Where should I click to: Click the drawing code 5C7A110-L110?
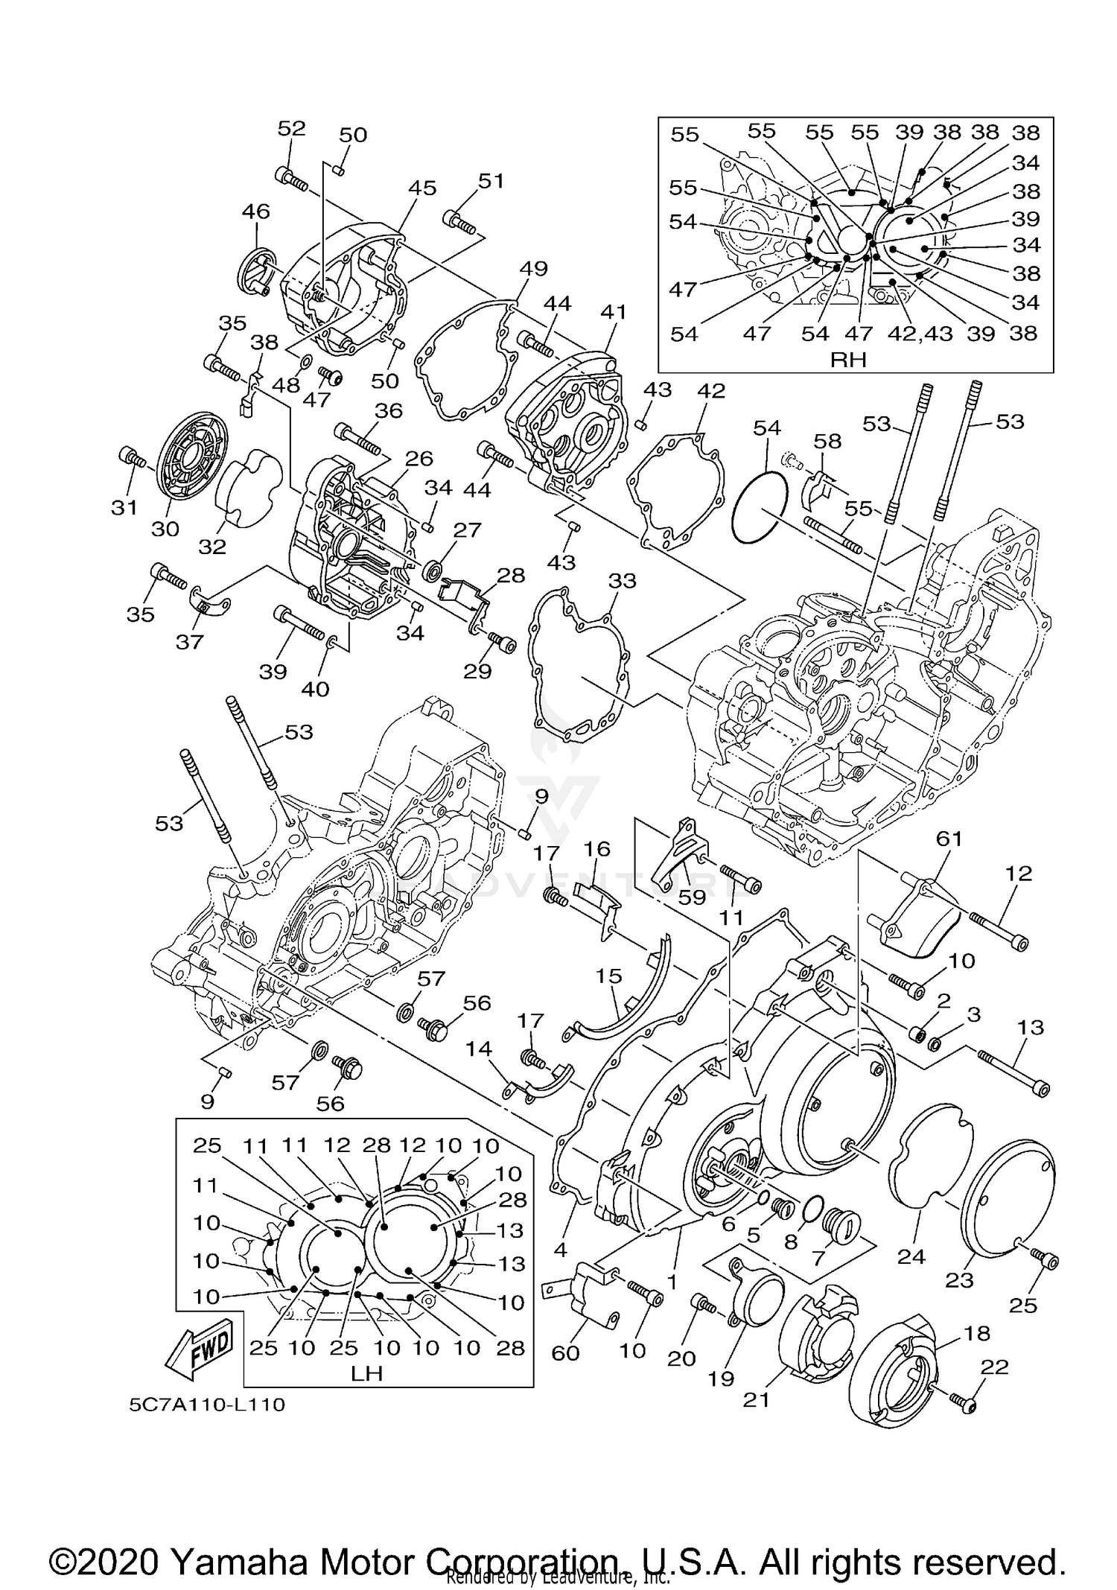[x=207, y=1405]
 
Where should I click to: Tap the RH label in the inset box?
[x=848, y=360]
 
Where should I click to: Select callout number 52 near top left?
[x=291, y=128]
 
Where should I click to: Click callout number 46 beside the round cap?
[x=255, y=212]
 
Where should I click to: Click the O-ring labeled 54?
[x=759, y=507]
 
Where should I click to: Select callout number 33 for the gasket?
[x=623, y=580]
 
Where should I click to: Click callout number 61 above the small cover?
[x=949, y=839]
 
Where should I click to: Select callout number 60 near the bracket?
[x=565, y=1352]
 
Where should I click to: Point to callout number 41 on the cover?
[x=614, y=312]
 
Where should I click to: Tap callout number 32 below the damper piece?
[x=212, y=547]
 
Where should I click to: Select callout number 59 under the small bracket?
[x=692, y=896]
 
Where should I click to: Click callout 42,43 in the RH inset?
[x=920, y=333]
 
